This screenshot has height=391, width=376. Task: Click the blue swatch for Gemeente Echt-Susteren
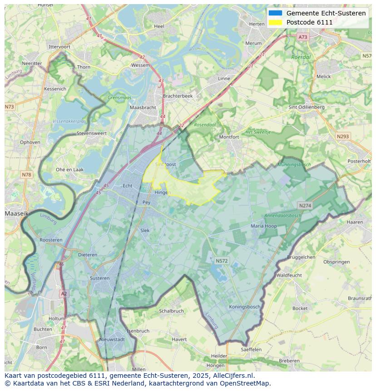275,13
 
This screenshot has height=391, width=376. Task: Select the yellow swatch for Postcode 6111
275,22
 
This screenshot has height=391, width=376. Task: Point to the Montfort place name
229,137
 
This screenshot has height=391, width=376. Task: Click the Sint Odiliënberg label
307,107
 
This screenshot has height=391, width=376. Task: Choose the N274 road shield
305,206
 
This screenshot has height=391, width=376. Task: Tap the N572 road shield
222,261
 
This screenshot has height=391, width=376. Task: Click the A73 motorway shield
303,37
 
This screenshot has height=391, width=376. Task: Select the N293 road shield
343,136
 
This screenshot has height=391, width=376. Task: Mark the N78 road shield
27,175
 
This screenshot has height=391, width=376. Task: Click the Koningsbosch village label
245,307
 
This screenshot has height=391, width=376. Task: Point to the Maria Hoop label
264,226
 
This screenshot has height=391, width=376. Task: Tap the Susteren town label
99,278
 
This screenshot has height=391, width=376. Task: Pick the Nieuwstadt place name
112,339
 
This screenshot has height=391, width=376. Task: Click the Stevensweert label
91,134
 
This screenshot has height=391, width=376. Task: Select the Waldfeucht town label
289,275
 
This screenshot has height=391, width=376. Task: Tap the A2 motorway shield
64,294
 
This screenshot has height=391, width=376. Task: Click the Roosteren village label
51,240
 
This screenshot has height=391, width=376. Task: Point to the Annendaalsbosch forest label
282,216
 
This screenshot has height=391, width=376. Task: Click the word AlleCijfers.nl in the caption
232,376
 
